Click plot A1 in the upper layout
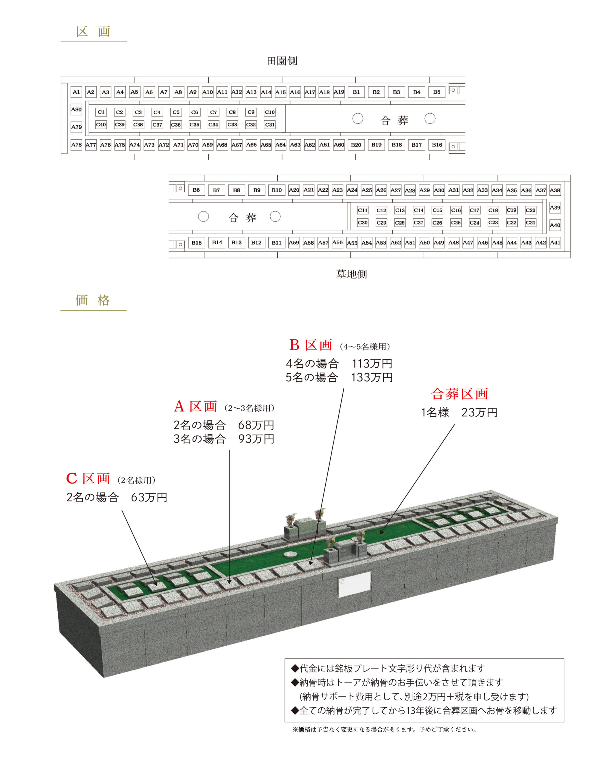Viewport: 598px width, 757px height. click(x=76, y=92)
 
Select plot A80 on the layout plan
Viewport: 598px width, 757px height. click(x=76, y=109)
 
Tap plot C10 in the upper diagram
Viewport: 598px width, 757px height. click(x=270, y=112)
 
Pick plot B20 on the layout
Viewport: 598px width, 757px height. click(x=356, y=145)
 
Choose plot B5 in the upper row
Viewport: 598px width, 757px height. click(x=437, y=92)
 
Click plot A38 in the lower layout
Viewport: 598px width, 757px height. click(x=555, y=190)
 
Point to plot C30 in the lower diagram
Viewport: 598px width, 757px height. click(x=363, y=223)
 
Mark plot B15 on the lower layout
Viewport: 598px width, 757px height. click(x=196, y=242)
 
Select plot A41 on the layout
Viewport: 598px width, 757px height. click(x=555, y=242)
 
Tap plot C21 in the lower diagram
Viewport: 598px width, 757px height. click(x=531, y=223)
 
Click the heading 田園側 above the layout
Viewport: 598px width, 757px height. click(x=282, y=61)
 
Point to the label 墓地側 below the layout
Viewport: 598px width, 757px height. click(x=352, y=274)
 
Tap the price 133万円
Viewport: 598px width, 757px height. click(x=372, y=378)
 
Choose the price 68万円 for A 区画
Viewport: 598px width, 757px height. click(x=256, y=425)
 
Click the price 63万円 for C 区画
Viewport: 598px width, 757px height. click(x=149, y=497)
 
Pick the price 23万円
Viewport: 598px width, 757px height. click(x=479, y=413)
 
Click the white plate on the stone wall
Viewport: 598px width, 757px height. click(x=354, y=585)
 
